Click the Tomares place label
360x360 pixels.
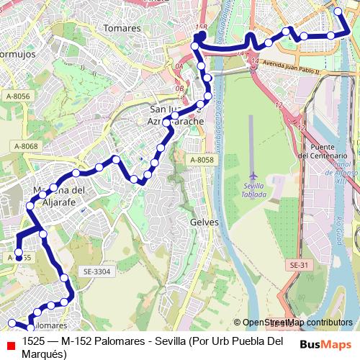point(122,28)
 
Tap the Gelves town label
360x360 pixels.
point(204,222)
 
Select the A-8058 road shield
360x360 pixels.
point(202,160)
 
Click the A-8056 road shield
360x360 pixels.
point(18,96)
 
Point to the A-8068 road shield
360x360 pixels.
point(24,147)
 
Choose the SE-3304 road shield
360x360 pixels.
point(97,271)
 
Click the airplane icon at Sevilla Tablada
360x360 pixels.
point(253,176)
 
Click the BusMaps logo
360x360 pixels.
point(326,345)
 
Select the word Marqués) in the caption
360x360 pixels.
point(45,354)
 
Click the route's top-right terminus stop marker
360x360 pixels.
point(339,11)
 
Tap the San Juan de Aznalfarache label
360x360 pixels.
point(176,116)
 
